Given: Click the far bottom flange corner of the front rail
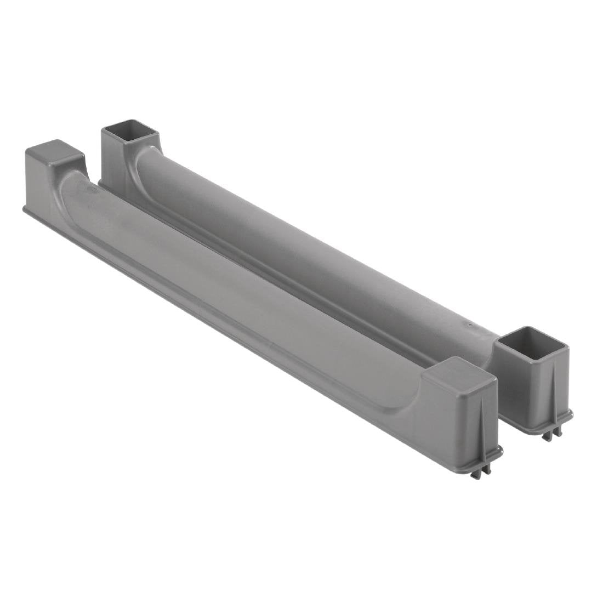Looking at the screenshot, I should [x=24, y=209].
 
